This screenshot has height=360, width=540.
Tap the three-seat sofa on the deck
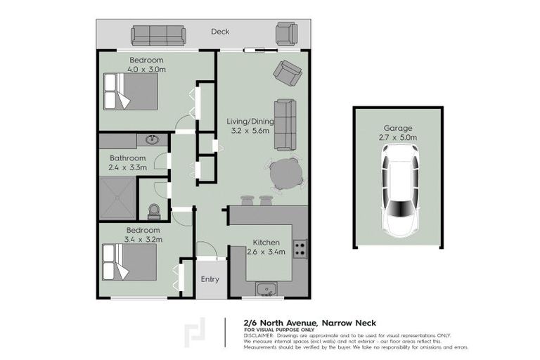(158, 34)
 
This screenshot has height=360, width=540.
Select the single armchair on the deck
(286, 33)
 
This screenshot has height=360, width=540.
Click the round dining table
(285, 174)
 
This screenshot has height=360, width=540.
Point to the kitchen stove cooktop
(300, 248)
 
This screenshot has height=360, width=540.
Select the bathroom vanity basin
(152, 141)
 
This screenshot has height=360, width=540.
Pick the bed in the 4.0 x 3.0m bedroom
(131, 91)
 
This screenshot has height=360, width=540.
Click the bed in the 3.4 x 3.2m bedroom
(130, 262)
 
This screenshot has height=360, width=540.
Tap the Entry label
(210, 279)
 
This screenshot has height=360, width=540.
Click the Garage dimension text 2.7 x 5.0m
(399, 138)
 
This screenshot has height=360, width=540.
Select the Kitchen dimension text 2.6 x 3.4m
(266, 252)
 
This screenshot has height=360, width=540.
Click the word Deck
(220, 32)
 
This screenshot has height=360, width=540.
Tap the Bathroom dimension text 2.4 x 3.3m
(127, 167)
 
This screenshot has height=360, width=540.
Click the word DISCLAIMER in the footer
(259, 335)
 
